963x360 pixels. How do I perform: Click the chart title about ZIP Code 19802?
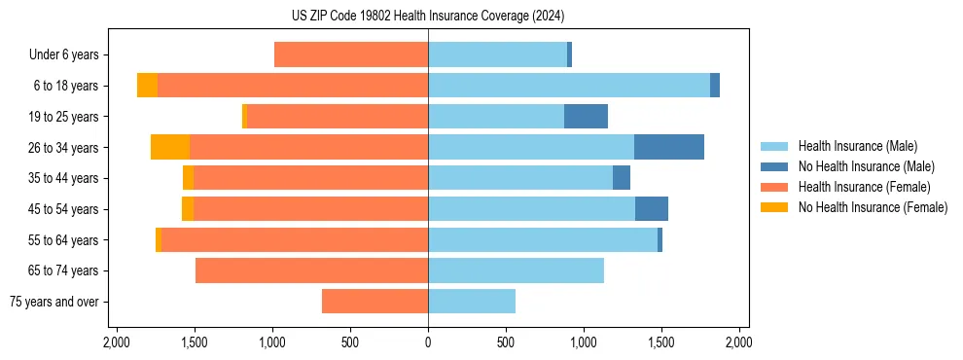coord(428,17)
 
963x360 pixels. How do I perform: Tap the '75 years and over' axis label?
coord(54,302)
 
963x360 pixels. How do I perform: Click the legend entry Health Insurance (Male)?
coord(857,146)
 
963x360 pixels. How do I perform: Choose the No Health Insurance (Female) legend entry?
coord(873,207)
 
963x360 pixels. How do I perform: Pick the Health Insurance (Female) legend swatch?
coord(774,187)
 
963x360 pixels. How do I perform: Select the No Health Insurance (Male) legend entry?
coord(866,166)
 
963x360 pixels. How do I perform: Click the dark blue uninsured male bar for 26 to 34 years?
coord(669,147)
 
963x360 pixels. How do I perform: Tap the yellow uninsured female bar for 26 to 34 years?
coord(170,147)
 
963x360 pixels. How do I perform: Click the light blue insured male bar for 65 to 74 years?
coord(516,270)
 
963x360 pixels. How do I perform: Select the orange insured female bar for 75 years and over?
coord(374,302)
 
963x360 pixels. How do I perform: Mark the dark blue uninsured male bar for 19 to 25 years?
coord(586,116)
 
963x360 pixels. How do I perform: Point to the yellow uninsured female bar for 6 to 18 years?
coord(147,86)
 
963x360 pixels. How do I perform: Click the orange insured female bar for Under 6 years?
coord(351,54)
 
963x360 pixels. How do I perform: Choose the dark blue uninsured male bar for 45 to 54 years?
coord(652,209)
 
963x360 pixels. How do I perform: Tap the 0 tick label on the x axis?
coord(428,343)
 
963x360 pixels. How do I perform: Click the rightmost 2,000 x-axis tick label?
coord(738,343)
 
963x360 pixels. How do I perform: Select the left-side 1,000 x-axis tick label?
coord(272,343)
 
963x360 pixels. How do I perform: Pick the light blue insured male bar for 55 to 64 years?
coord(543,239)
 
